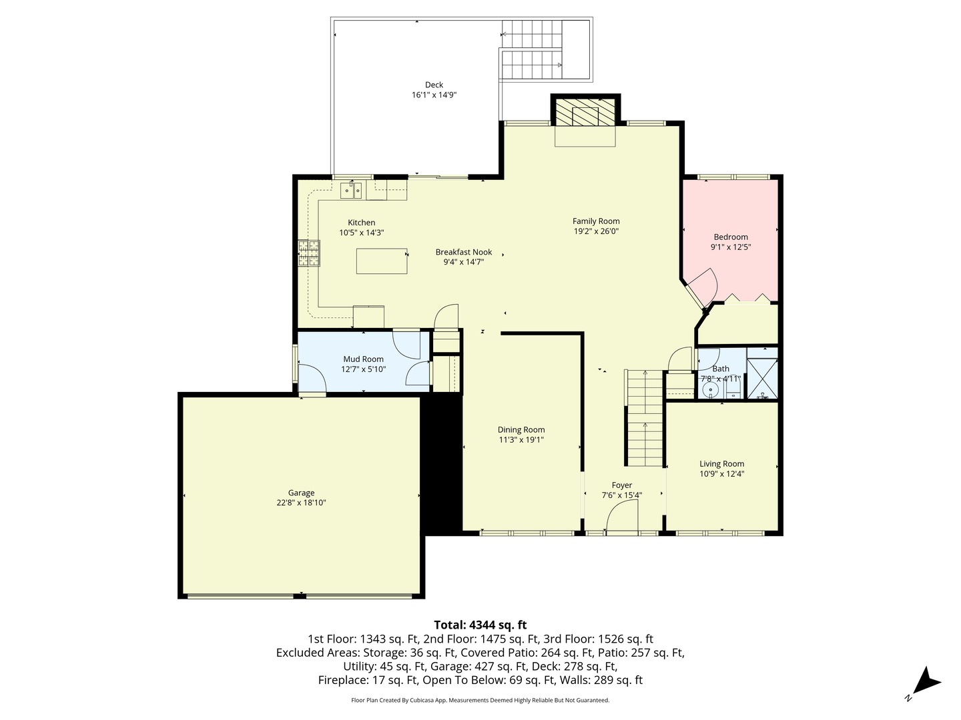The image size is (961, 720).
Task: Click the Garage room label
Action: (x=301, y=493)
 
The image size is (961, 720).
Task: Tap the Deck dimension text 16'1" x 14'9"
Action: (x=434, y=95)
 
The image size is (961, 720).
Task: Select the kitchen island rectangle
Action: (x=381, y=261)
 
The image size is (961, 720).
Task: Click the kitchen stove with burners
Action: (x=309, y=253)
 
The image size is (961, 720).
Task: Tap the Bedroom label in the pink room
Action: (x=731, y=237)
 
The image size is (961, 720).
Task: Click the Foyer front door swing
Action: (x=622, y=517)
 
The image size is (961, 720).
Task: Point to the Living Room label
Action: (x=721, y=464)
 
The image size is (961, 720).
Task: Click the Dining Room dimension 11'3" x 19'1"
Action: (x=521, y=440)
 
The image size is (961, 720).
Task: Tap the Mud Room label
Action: (x=363, y=359)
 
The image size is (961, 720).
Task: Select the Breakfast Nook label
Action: (x=463, y=252)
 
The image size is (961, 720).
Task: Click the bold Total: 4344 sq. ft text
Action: (x=480, y=625)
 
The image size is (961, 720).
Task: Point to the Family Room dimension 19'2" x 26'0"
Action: (x=596, y=231)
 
